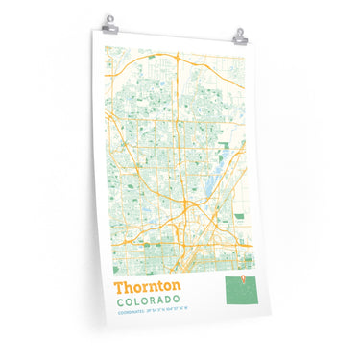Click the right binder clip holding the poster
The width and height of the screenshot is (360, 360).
[240, 36]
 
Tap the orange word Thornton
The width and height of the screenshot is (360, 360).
[147, 286]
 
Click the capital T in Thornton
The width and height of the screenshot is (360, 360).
[120, 286]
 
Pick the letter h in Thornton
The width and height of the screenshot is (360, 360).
[132, 286]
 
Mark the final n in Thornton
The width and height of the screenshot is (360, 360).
[175, 287]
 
